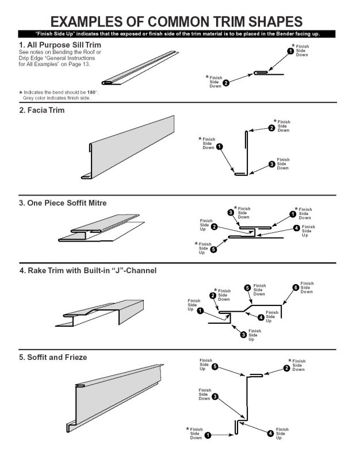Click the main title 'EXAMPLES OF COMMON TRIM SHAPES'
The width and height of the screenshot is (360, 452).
(x=177, y=22)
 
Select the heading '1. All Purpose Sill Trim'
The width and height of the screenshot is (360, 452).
(x=60, y=45)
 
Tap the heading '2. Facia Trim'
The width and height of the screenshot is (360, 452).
(x=42, y=110)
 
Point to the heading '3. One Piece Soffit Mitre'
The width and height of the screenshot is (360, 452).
(x=63, y=203)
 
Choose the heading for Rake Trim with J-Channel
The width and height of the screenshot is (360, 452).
(x=88, y=270)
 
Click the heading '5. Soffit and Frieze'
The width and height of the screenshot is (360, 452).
(x=53, y=357)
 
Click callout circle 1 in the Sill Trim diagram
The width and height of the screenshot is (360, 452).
(x=290, y=51)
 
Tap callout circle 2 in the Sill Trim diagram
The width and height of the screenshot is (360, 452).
(x=226, y=83)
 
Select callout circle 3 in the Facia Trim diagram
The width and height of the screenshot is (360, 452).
(x=272, y=164)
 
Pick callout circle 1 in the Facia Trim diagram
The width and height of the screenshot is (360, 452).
(x=219, y=147)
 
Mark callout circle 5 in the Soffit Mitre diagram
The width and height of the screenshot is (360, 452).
(x=213, y=250)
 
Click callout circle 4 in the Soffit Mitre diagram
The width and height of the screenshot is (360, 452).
(x=297, y=228)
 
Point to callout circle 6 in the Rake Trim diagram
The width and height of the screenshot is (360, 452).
(x=296, y=288)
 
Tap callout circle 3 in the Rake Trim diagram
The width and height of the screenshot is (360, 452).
(x=244, y=334)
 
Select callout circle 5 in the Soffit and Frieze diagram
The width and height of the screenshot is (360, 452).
(x=215, y=367)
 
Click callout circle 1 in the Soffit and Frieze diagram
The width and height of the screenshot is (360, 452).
(x=208, y=435)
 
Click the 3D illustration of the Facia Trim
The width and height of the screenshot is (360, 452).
(x=128, y=147)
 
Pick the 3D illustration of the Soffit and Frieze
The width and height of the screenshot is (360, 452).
(x=115, y=398)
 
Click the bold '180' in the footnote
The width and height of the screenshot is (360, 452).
(x=91, y=92)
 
